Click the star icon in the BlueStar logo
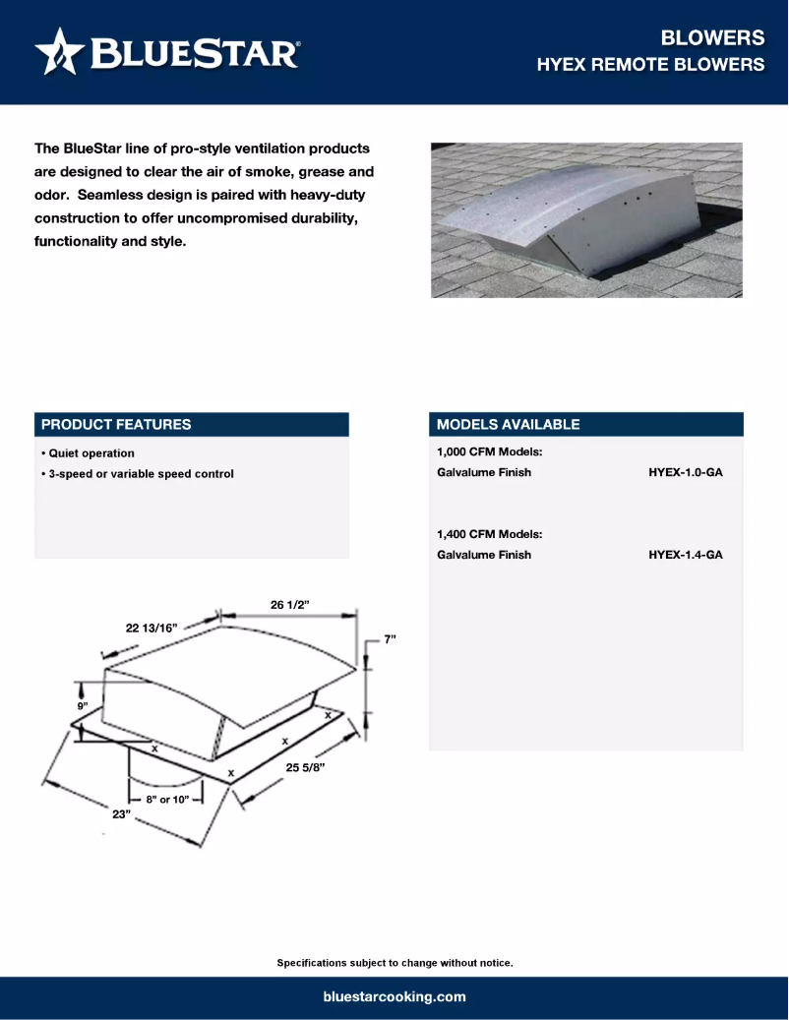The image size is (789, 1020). (x=60, y=51)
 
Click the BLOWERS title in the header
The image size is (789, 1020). (x=712, y=37)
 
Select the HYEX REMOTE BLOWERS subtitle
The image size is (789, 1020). (x=650, y=65)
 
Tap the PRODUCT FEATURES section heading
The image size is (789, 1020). (x=116, y=425)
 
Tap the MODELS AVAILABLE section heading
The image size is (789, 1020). (x=508, y=425)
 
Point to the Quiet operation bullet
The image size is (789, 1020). (x=89, y=453)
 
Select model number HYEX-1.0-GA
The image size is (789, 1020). (x=686, y=472)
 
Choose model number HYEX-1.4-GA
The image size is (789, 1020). (x=686, y=555)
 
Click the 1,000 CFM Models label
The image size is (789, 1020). (x=490, y=452)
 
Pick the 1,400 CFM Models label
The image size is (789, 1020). (x=490, y=534)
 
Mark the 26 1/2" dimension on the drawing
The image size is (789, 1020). (x=290, y=604)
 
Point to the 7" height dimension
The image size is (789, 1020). (x=390, y=639)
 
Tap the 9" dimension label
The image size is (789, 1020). (x=84, y=707)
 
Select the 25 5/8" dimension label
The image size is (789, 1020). (x=305, y=766)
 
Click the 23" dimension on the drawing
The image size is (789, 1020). (x=121, y=813)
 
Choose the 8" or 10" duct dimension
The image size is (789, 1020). (x=167, y=800)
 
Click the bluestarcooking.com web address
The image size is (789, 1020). (x=394, y=996)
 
